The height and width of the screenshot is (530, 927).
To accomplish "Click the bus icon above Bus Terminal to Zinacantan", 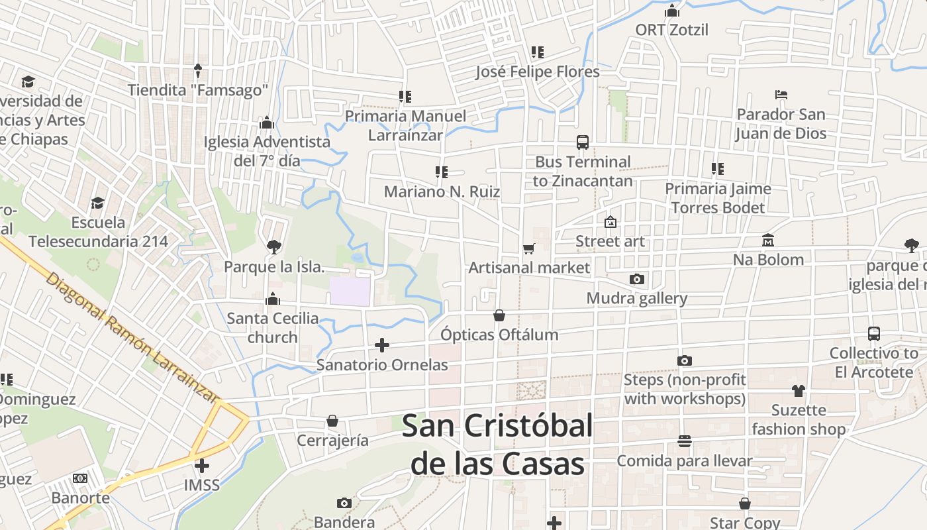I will (583, 142).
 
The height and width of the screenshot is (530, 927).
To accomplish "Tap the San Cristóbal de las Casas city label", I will (497, 445).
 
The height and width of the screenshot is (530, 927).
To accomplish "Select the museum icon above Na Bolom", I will (768, 240).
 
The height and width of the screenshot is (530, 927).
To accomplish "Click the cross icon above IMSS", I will (202, 465).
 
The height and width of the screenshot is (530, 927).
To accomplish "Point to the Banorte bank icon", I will (80, 478).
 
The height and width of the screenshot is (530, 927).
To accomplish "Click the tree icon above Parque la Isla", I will (273, 247).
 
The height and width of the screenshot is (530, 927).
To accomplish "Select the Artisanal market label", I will (529, 268).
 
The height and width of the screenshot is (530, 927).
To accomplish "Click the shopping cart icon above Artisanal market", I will (528, 248).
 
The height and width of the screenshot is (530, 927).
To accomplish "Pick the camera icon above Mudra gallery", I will (637, 279).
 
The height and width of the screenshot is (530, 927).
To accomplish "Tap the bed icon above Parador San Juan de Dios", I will (781, 95).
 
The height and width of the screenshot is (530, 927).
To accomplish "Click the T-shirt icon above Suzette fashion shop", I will (799, 391).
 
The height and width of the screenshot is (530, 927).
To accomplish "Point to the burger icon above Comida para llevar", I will (685, 441).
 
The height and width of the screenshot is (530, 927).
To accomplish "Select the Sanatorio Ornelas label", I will (382, 365).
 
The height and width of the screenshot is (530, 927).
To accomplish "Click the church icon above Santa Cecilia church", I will (273, 299).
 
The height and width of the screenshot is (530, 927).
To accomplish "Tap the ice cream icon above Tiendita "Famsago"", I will (197, 70).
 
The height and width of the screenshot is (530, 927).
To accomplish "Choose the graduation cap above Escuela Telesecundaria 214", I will (98, 203).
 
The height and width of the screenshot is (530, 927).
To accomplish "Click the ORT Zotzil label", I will (672, 30).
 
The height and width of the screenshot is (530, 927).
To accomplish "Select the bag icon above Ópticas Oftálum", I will (499, 315).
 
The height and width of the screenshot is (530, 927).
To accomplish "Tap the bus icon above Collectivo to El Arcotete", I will (874, 334).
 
